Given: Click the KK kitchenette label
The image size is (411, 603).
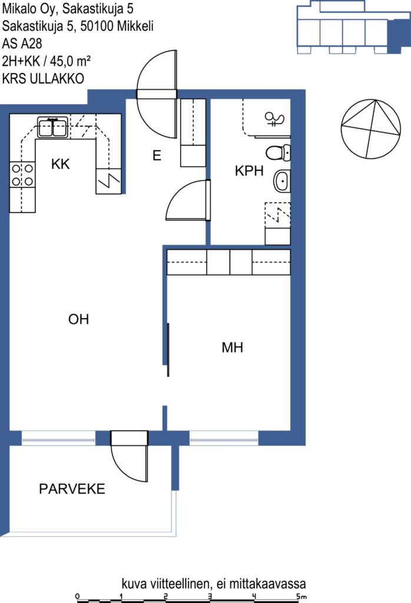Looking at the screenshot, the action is click(61, 164).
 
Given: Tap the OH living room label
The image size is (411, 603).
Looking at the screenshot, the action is click(78, 319).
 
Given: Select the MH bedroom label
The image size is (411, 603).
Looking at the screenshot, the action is click(232, 347).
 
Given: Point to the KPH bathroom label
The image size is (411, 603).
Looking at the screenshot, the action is click(249, 171).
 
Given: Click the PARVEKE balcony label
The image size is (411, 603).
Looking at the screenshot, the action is click(72, 489).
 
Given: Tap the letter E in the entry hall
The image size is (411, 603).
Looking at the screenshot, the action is click(157, 155).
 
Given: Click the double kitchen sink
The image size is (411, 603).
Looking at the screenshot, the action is click(52, 127).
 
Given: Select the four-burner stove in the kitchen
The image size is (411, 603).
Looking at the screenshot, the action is click(22, 175).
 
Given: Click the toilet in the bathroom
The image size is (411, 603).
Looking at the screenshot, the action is click(278, 153).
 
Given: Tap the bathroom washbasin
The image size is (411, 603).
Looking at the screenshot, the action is click(282, 181).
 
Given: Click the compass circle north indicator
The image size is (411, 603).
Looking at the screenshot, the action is click(371, 129).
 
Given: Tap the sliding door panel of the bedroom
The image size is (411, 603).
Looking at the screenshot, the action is click(168, 350).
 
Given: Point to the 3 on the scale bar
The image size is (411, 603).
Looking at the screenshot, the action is click(210, 597).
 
